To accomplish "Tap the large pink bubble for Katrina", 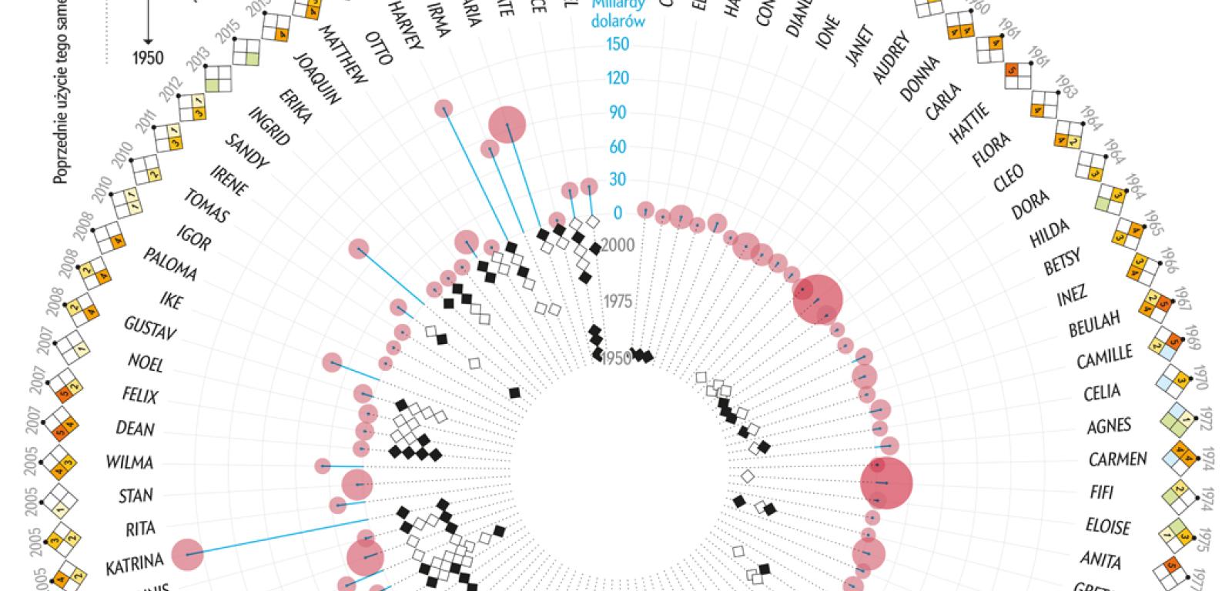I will coord(187,555).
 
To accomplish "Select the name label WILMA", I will coord(130,462).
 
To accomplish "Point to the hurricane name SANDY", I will coord(246,152).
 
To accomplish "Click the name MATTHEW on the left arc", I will coord(343,55).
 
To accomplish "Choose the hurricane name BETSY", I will coord(1063,262).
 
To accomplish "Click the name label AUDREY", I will coord(892,58).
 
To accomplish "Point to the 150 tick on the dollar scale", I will coord(618,44).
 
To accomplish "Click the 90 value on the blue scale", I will coord(618,112).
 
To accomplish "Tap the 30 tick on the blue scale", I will coord(618,179).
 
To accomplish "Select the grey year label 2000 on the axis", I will coord(618,245).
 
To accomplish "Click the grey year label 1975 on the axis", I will coord(618,301).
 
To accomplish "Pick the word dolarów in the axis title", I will coord(618,22).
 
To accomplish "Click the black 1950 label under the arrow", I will coord(148,58).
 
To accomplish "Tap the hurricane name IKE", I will coord(170,299).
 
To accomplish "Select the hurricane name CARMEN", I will coord(1118,459).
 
